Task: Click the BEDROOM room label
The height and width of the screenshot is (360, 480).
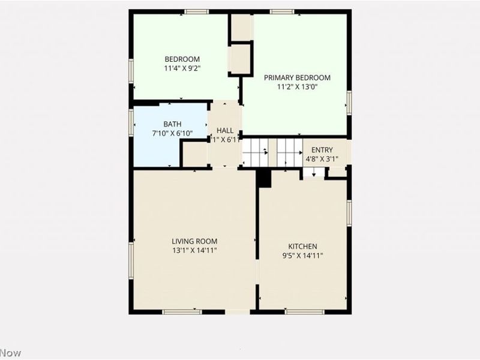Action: [x=182, y=59]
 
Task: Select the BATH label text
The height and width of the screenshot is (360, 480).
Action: [x=172, y=124]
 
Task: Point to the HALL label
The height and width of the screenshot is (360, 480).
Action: [x=225, y=130]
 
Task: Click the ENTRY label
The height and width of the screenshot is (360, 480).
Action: [x=322, y=150]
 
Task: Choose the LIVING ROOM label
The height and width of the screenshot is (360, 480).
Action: [x=194, y=241]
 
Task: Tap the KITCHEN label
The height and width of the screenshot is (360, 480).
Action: [x=302, y=247]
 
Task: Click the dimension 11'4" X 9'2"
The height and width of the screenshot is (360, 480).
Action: [x=182, y=68]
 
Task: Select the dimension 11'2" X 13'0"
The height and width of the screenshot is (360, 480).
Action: [x=297, y=86]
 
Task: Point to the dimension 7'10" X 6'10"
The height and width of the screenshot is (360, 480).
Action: [x=172, y=133]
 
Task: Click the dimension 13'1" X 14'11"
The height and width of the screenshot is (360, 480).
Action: [x=194, y=250]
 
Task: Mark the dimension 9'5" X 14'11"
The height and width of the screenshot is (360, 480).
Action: [x=302, y=256]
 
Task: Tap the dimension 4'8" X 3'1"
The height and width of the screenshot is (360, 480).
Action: [x=322, y=159]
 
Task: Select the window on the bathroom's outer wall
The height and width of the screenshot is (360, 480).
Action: [x=131, y=122]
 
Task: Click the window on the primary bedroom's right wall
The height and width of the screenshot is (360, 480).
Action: [x=349, y=102]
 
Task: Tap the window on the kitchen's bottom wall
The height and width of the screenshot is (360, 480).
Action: [x=304, y=311]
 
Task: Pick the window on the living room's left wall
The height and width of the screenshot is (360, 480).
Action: [x=131, y=260]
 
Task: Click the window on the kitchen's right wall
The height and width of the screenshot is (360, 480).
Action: [x=349, y=213]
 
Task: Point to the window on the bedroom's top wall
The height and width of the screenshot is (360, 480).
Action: [x=196, y=11]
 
